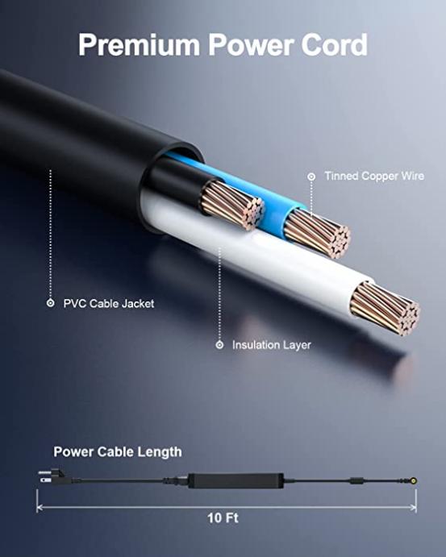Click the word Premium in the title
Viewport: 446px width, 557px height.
point(139,45)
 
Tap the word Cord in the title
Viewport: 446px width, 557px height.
point(334,45)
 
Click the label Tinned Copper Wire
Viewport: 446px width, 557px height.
point(374,176)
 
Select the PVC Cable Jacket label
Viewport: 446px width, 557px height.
point(109,304)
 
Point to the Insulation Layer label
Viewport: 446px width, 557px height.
point(272,345)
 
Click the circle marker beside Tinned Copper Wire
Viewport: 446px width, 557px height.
point(311,177)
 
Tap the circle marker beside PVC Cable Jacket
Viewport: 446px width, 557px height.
point(51,303)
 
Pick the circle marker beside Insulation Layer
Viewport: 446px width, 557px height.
point(219,345)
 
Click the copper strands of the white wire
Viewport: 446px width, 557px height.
point(386,309)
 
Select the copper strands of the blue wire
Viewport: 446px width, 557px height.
point(318,234)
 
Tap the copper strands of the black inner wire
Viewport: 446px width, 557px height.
point(233,204)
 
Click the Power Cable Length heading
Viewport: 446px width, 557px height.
point(118,452)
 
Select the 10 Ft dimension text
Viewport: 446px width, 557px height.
point(223,518)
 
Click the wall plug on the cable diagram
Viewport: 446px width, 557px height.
point(52,476)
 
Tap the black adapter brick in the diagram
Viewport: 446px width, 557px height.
point(236,480)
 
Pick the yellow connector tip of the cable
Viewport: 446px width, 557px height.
point(415,481)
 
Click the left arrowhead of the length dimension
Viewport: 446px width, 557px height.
point(40,508)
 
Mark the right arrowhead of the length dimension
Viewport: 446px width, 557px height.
point(413,508)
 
